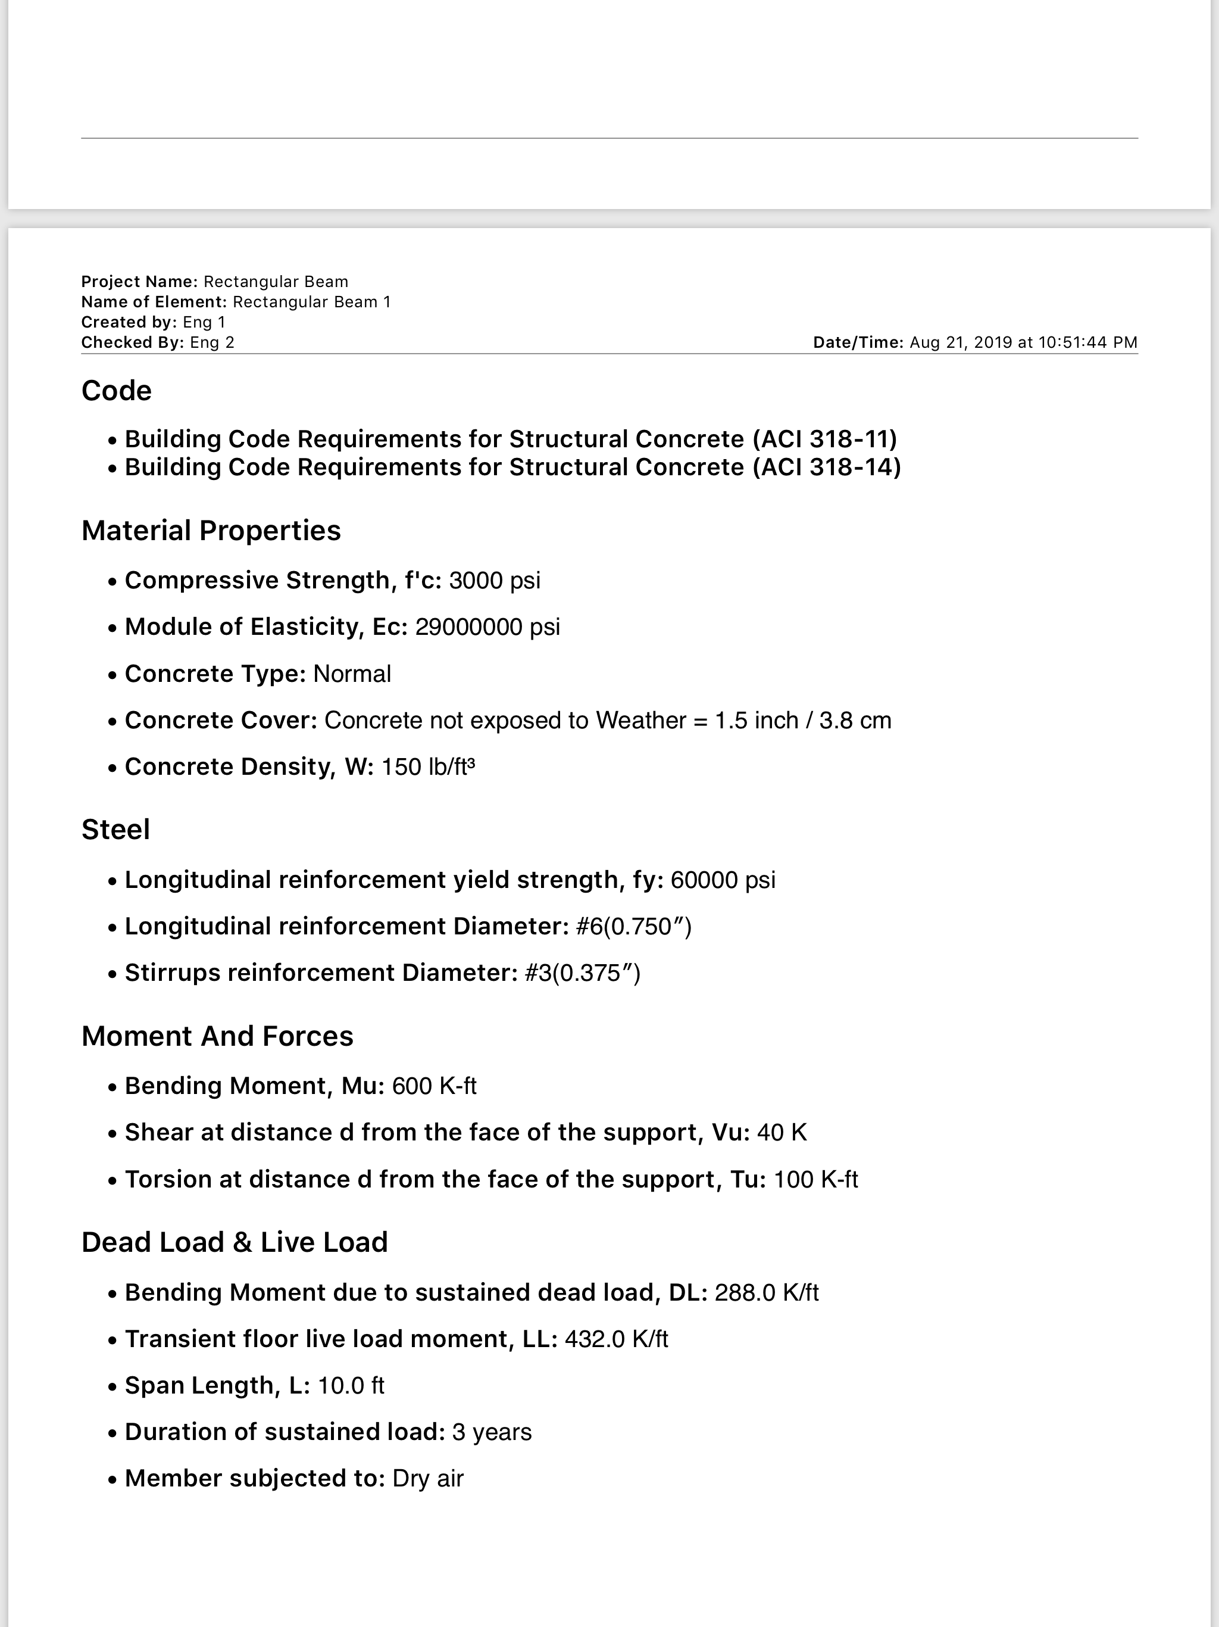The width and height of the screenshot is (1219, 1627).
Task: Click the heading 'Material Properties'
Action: [211, 530]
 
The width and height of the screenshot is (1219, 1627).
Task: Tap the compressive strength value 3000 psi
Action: [494, 580]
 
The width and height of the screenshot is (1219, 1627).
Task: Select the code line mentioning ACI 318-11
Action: [510, 439]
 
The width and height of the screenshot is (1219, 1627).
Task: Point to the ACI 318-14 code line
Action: [512, 467]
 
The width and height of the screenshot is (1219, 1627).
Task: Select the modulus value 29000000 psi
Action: [487, 627]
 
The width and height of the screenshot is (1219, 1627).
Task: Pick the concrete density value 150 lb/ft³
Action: [428, 766]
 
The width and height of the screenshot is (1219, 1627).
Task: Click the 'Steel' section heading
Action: [115, 829]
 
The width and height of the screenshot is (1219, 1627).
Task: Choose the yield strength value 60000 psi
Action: [723, 880]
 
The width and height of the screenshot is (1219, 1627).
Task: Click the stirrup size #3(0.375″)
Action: [582, 973]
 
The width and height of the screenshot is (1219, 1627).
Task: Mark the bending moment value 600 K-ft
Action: [434, 1086]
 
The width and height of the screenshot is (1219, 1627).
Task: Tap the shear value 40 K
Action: [782, 1132]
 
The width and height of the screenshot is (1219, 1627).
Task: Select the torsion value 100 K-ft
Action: [815, 1179]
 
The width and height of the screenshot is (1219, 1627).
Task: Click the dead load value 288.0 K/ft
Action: [766, 1292]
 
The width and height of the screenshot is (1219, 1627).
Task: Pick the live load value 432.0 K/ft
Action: [616, 1339]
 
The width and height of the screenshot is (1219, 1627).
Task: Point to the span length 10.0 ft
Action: [351, 1385]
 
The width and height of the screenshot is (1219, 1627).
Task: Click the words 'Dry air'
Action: [428, 1479]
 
